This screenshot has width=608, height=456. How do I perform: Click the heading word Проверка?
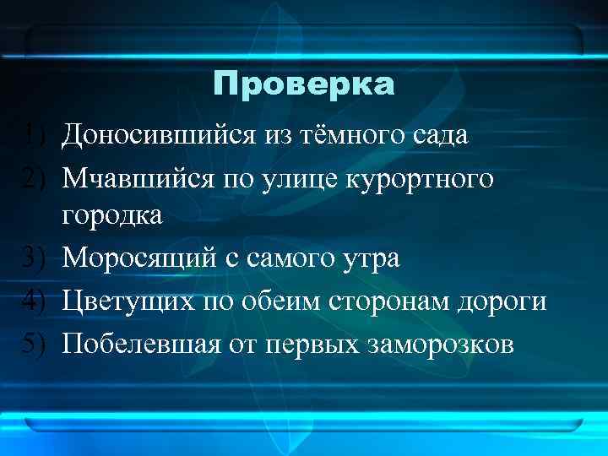[x=303, y=84]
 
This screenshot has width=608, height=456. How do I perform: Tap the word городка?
[x=113, y=216]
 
